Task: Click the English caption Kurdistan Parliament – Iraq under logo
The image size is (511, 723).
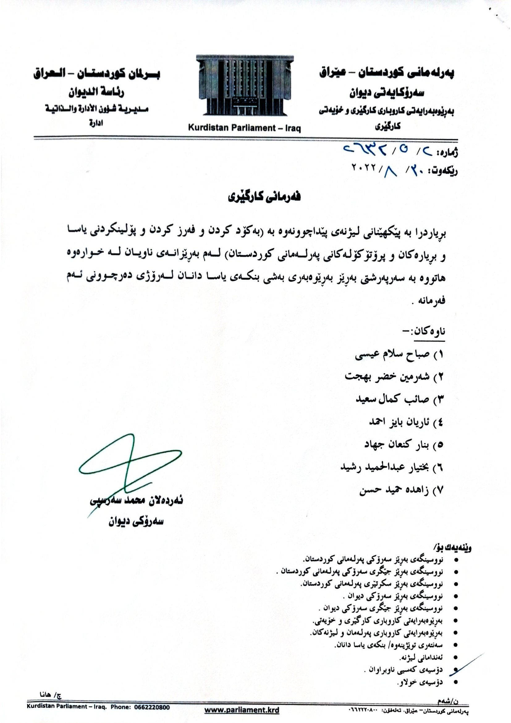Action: pos(244,128)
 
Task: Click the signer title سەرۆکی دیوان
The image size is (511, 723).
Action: pos(136,522)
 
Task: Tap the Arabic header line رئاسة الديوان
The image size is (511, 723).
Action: pos(96,92)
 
